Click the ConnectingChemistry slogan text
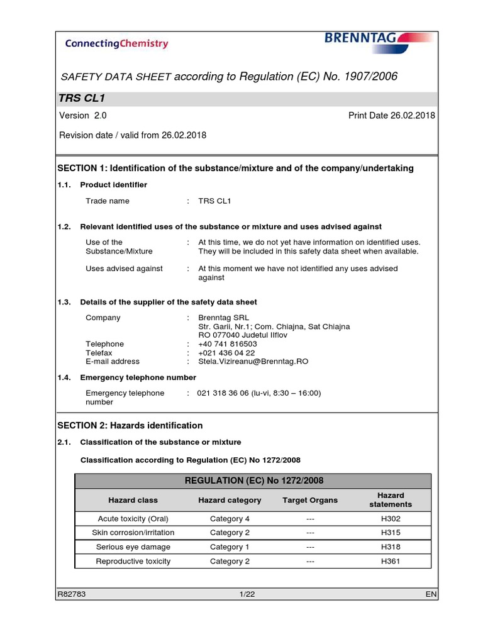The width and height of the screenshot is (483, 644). click(x=116, y=43)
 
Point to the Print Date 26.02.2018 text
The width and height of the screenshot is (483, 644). click(x=391, y=116)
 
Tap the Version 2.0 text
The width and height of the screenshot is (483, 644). click(x=82, y=116)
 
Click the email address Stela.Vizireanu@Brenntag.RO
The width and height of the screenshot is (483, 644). click(x=253, y=362)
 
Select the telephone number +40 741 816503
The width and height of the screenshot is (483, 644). click(x=227, y=344)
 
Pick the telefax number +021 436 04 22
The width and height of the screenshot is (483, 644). click(x=226, y=353)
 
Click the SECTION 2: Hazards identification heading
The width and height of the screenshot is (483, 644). click(x=130, y=426)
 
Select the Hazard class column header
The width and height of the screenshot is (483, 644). click(x=133, y=501)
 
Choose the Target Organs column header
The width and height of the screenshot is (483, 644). click(x=310, y=501)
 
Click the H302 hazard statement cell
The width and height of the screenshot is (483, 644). click(x=391, y=519)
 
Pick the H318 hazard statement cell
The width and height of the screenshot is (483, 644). click(x=391, y=547)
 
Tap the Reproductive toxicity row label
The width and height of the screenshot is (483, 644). click(x=133, y=562)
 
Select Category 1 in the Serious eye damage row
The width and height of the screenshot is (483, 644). click(x=230, y=547)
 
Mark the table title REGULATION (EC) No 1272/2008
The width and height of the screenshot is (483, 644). click(x=253, y=481)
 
